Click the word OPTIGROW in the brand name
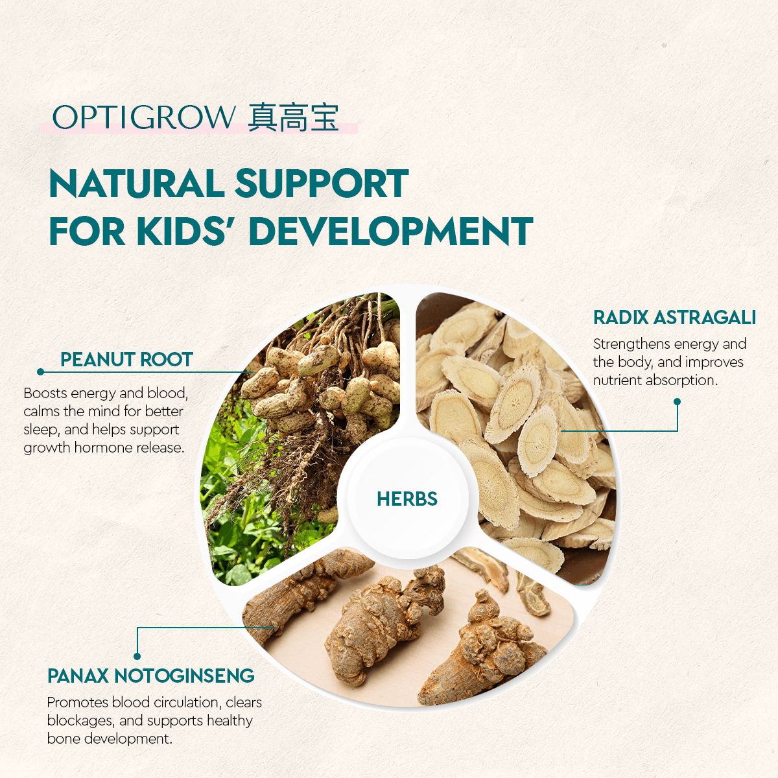(143, 118)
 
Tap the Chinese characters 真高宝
(293, 118)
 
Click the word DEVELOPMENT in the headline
(390, 231)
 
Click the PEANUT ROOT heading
(126, 360)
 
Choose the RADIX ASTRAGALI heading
(674, 318)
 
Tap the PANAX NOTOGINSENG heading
(150, 676)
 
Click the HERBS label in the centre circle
(407, 499)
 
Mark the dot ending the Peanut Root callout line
(41, 371)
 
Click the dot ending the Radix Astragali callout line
(678, 401)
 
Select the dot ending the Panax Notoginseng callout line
(137, 656)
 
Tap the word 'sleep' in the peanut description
(41, 429)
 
